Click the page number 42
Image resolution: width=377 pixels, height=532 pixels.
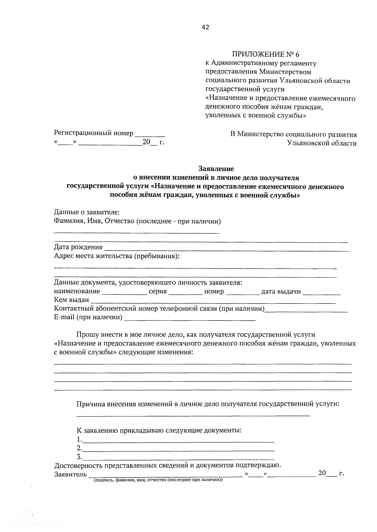pos(205,27)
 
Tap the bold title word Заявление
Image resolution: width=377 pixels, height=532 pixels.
pos(216,169)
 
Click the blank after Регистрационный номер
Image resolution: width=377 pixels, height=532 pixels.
pos(150,134)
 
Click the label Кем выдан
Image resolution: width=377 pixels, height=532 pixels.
pos(71,300)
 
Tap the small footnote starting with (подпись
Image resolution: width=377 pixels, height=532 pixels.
pos(158,480)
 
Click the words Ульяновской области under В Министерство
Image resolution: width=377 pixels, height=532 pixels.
pos(322,143)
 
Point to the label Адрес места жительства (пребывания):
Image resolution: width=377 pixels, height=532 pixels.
pos(117,256)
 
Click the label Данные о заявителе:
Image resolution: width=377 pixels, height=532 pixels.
pos(87,213)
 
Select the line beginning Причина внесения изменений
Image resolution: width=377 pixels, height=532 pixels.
pos(208,404)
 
